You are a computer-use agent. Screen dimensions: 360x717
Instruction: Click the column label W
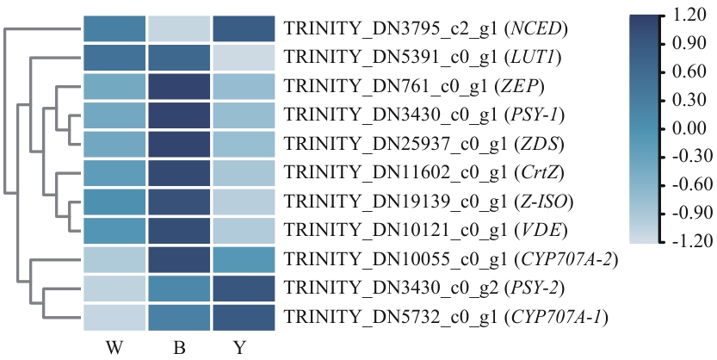(114, 348)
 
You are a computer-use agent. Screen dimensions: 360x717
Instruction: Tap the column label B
(179, 348)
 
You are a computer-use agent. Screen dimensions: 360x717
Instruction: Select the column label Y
(243, 348)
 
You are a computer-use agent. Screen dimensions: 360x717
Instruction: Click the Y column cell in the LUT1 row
(243, 58)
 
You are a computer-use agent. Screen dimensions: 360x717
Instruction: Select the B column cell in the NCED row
(179, 28)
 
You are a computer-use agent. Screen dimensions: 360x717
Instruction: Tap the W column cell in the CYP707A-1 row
(114, 318)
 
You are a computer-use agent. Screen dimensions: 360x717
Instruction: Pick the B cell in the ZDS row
(179, 145)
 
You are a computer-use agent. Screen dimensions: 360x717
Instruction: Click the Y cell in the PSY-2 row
(243, 289)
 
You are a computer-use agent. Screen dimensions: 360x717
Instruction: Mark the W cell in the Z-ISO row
(114, 202)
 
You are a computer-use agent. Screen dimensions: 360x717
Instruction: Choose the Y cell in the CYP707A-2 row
(243, 260)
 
